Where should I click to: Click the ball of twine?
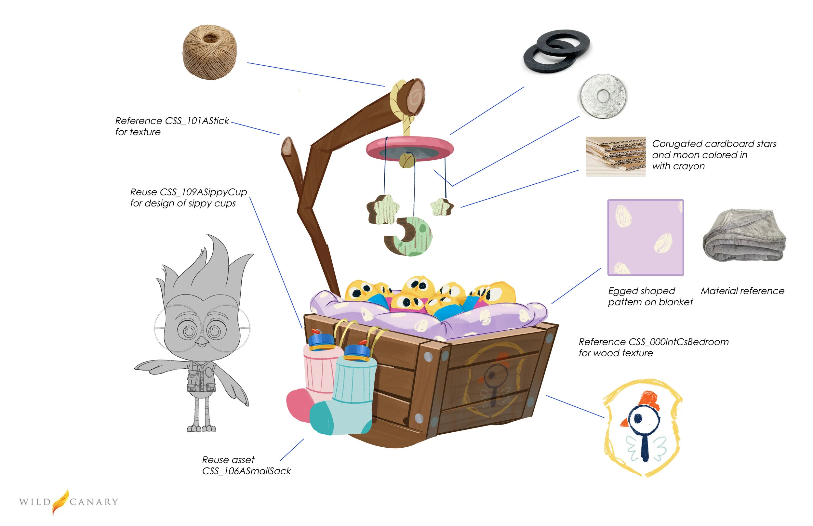pos(209,52)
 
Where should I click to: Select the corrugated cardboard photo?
pos(616,156)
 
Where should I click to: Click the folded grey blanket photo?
pos(744,236)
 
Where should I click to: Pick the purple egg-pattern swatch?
pos(645,237)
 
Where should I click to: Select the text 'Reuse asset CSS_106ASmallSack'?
pos(246,465)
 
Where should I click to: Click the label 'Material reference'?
pos(742,291)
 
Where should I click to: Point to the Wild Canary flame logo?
pos(60,501)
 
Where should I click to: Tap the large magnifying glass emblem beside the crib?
pos(642,427)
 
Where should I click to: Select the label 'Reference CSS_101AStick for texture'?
pos(172,126)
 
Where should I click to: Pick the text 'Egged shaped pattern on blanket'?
pos(650,296)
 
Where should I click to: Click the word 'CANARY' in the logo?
pos(94,502)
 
